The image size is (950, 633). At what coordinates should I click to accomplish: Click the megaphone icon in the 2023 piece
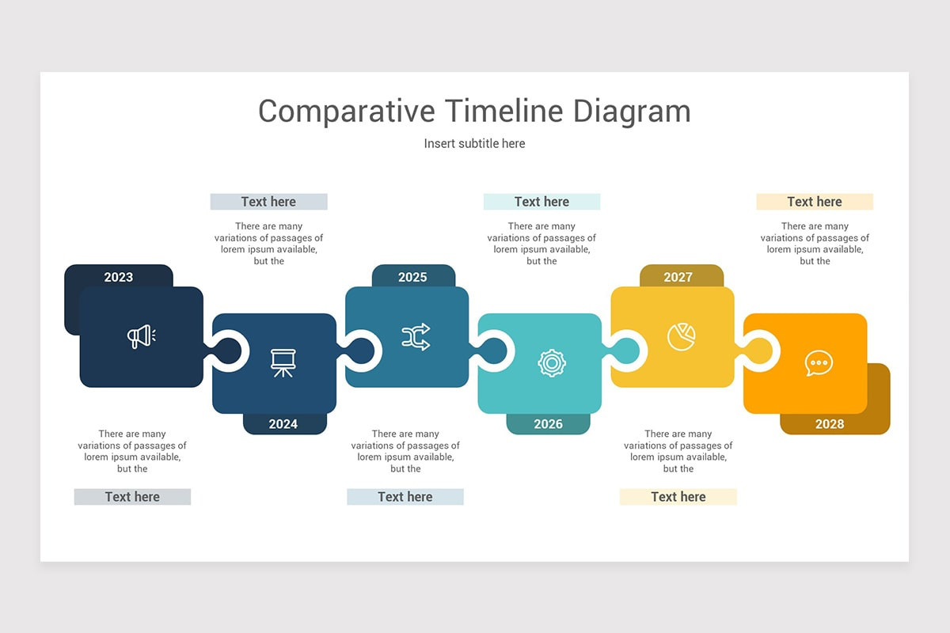[141, 337]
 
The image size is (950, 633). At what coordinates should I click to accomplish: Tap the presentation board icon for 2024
[283, 363]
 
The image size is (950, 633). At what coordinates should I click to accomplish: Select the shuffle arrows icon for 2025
[416, 337]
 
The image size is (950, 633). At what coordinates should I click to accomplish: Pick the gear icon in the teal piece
[551, 363]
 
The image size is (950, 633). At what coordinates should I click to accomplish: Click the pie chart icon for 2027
[681, 336]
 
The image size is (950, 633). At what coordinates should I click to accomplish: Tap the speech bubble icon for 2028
[819, 363]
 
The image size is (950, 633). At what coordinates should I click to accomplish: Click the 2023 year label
[119, 277]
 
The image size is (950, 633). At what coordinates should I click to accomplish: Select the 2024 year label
[283, 424]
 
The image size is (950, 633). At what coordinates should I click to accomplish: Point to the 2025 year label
[412, 277]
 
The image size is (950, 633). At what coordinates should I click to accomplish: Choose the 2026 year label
[548, 424]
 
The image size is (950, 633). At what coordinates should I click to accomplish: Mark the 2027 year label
[678, 277]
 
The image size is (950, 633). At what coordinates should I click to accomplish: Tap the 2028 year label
[830, 424]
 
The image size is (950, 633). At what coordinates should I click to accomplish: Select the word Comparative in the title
[346, 111]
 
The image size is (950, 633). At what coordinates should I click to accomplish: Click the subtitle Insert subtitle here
[474, 143]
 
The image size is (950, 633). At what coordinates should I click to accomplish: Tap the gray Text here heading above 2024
[268, 202]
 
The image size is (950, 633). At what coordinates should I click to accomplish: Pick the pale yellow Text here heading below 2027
[678, 497]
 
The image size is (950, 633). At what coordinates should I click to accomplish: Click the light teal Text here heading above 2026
[541, 202]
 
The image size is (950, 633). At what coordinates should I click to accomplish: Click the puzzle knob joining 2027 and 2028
[759, 351]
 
